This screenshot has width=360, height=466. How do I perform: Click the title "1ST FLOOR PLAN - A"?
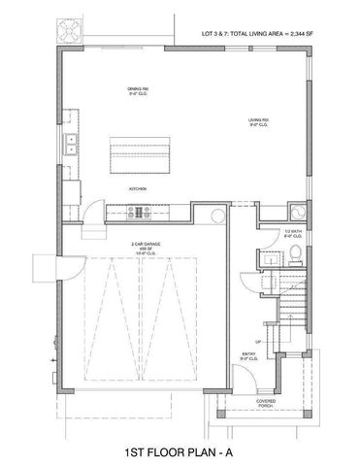tap(180, 450)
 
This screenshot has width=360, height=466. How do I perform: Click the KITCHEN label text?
tap(137, 188)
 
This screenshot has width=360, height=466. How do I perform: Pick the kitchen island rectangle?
tap(139, 155)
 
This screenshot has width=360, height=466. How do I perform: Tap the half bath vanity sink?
tap(266, 257)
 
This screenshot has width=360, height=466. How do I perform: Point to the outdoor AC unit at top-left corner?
tap(71, 29)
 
